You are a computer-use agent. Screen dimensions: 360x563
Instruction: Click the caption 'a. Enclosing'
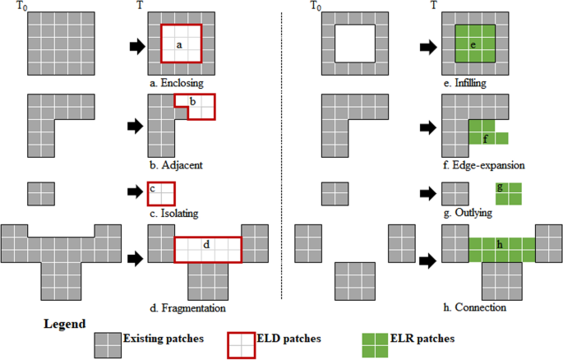(176, 83)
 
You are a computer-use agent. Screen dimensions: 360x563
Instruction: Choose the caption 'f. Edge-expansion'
(483, 164)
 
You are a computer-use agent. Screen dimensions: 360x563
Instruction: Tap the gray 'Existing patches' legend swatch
(108, 345)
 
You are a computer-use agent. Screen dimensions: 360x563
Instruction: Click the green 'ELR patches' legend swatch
(374, 345)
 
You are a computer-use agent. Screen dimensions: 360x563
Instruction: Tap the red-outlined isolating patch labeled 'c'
(161, 194)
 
